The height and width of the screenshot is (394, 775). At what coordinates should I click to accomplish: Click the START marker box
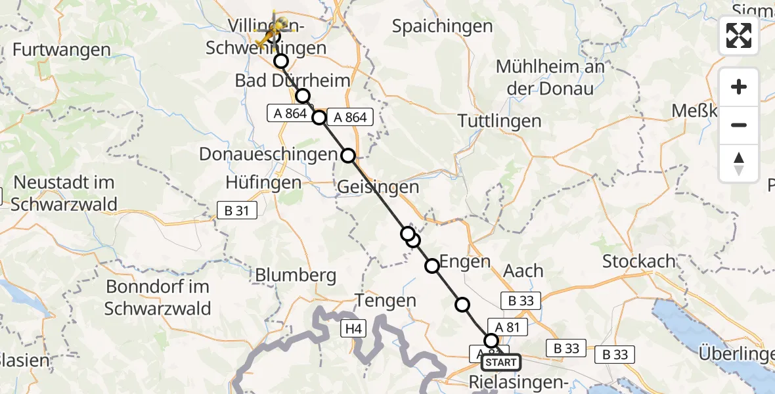501,362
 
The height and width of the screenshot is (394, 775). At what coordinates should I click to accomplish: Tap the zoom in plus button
739,87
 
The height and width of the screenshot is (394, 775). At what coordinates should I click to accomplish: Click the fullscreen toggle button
739,35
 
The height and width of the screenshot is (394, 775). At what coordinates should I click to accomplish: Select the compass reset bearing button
739,164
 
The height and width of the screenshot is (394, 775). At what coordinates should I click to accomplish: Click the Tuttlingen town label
500,121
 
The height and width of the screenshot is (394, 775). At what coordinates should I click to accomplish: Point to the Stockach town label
639,261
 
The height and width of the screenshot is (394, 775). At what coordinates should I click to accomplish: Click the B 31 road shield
237,209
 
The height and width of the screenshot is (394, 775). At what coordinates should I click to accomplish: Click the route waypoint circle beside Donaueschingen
348,156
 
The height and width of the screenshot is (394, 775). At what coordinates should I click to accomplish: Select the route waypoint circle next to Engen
432,266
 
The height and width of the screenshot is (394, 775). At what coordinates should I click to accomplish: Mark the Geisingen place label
378,187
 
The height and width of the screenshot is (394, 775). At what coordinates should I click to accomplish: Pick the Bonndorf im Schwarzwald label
158,297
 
